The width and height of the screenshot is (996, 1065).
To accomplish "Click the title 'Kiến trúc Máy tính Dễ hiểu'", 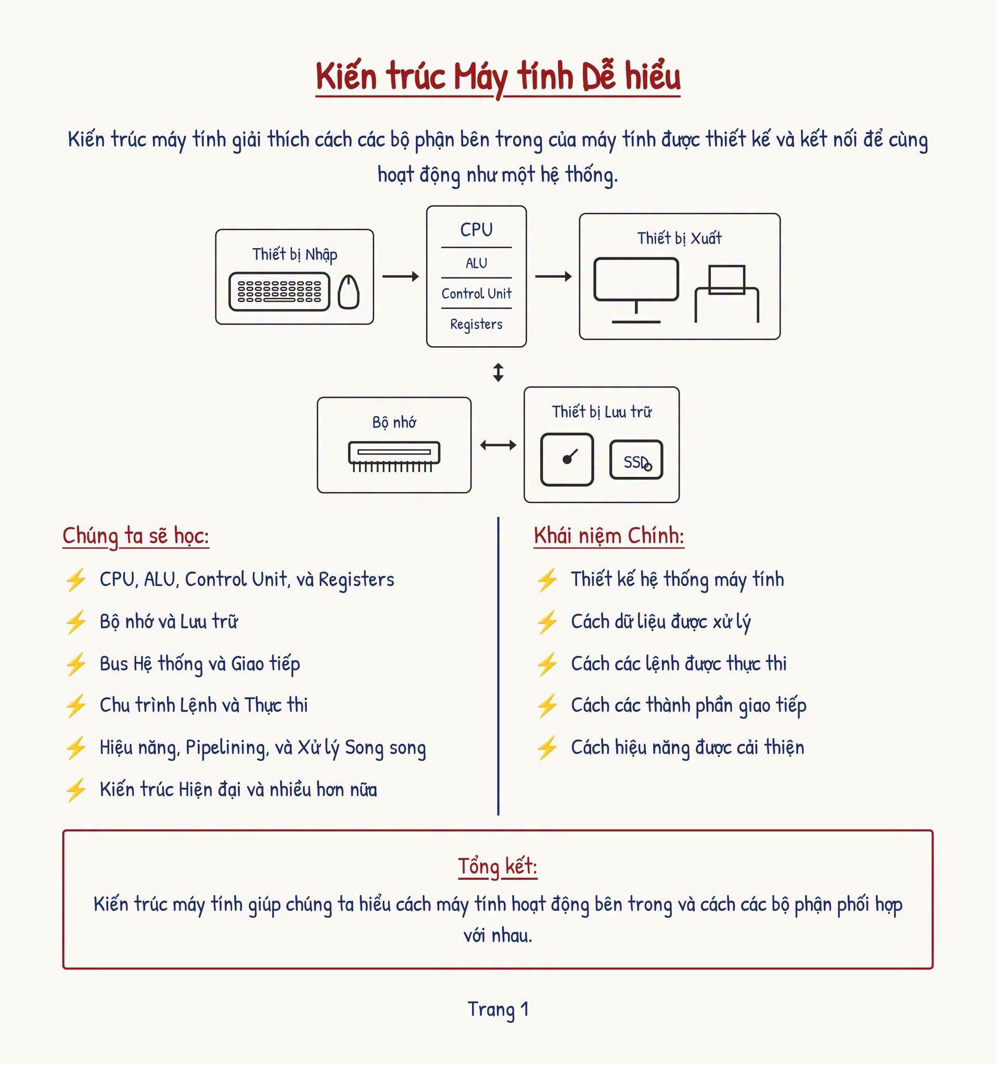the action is coord(498,76).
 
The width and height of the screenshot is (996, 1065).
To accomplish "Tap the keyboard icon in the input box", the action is coord(279,291).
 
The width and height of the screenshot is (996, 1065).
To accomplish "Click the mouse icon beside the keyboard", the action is coord(349,291).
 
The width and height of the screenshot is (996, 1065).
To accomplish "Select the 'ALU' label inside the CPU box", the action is coord(476,263).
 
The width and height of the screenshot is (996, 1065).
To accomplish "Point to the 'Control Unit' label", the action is coord(476,294).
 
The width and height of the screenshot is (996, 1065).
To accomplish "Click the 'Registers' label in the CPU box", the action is coord(476,324).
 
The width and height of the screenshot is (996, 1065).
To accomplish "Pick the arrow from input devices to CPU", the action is coord(401,277).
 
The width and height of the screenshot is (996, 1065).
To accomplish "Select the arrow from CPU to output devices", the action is coord(553,277).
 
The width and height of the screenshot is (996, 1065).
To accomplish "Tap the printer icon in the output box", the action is coord(727,294).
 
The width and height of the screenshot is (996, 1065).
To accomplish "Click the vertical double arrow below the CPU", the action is coord(498,372).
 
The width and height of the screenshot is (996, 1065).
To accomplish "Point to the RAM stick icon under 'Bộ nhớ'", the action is coord(394,457).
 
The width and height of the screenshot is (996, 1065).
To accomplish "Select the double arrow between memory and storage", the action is coord(498,445).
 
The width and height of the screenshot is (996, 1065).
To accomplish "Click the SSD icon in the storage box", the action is coord(636,460).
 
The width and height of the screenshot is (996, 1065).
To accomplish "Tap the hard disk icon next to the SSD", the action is coord(567,460).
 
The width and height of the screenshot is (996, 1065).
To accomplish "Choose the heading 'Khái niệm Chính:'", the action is coord(609,536).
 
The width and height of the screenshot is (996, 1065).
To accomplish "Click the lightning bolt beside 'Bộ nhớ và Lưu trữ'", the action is coord(75,622).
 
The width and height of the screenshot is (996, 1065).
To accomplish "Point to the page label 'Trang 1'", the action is coord(498,1009).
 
